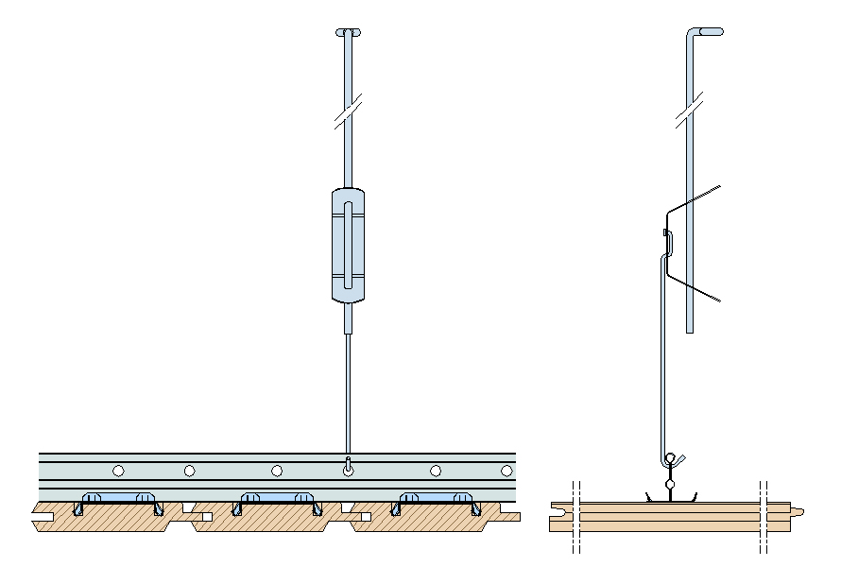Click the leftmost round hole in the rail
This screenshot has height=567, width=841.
pyautogui.click(x=118, y=470)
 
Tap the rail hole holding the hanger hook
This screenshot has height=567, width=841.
pyautogui.click(x=349, y=468)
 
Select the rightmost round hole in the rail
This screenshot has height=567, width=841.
pyautogui.click(x=507, y=470)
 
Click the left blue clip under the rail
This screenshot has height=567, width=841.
pyautogui.click(x=118, y=497)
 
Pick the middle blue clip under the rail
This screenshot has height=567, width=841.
pyautogui.click(x=277, y=497)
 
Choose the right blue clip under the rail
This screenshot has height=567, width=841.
pyautogui.click(x=436, y=497)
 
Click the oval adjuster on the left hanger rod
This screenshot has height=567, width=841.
pyautogui.click(x=349, y=245)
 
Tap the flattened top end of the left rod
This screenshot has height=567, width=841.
pyautogui.click(x=349, y=33)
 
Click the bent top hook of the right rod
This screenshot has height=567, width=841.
pyautogui.click(x=707, y=32)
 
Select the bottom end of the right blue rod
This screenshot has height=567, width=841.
pyautogui.click(x=690, y=327)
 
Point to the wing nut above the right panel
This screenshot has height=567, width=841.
pyautogui.click(x=673, y=460)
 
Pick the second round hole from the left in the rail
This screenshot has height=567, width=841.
pyautogui.click(x=190, y=470)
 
